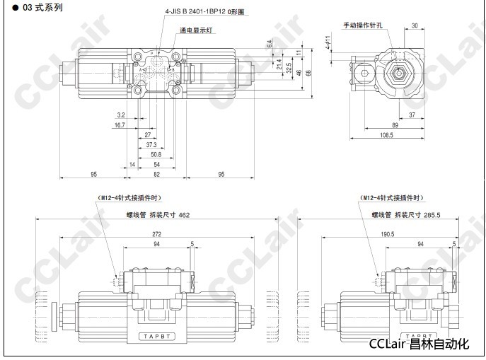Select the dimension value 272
click(x=156, y=233)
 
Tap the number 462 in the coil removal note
click(x=183, y=214)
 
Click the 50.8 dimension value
click(x=156, y=154)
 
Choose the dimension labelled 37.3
click(x=151, y=144)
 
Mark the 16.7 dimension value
click(x=120, y=124)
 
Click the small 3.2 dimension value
click(x=120, y=114)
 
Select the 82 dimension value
click(x=156, y=174)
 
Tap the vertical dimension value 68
click(x=308, y=73)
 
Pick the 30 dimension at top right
click(x=413, y=25)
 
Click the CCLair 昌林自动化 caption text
click(x=420, y=344)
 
